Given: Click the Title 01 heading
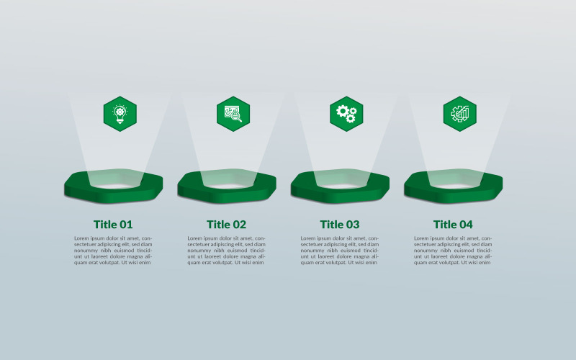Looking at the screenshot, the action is point(113,225).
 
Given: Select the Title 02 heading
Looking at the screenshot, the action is point(226,225).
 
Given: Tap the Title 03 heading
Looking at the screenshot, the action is point(340,225).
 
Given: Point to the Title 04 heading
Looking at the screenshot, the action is point(453,225).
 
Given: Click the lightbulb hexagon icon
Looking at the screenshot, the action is point(120,114).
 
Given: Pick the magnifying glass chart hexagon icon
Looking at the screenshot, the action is point(233,114).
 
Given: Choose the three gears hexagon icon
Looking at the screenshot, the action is point(346,114).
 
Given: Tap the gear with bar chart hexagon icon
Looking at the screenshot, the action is point(460,114).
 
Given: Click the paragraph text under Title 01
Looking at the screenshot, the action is point(113,251).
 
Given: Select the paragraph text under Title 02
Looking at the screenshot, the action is point(226,251).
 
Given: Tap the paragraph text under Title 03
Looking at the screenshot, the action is point(340,251).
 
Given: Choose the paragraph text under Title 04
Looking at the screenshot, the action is point(453,251).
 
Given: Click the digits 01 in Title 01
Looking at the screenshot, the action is point(125,225).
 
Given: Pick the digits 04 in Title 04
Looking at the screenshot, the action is point(465,225).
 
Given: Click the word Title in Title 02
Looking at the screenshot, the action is point(218,225).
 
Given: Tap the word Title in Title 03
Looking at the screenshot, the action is point(331,225).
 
